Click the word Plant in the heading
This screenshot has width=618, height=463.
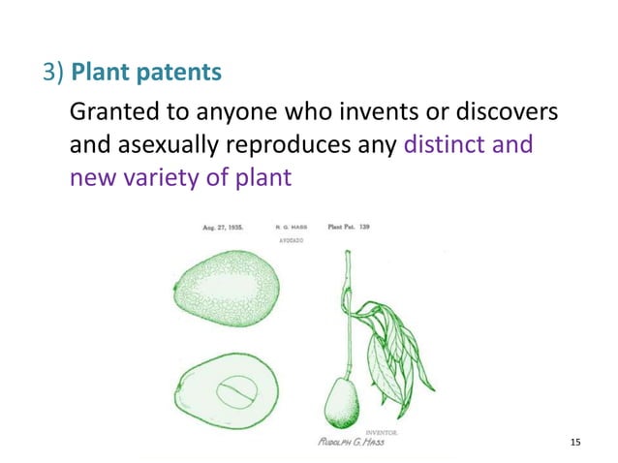100,74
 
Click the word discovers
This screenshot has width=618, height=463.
501,113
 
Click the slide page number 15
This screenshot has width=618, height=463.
575,443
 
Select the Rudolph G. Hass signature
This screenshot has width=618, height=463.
350,442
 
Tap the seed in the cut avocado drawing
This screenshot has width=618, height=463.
237,395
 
